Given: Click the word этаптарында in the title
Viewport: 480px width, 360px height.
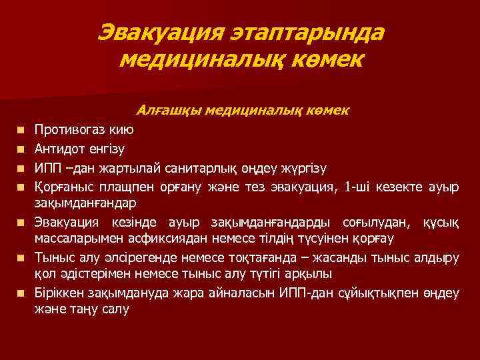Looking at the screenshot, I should point(311,33).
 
